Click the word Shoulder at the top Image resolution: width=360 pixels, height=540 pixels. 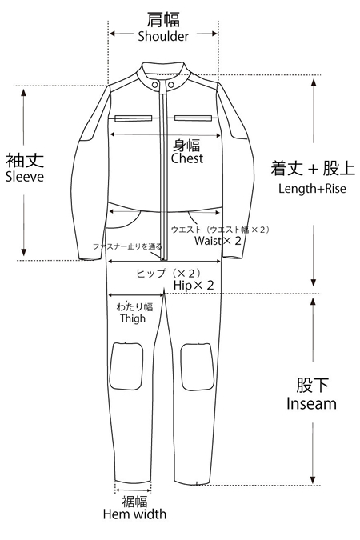[163, 36]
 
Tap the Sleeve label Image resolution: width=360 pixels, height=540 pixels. [25, 177]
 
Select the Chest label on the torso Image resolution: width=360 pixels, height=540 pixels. [187, 158]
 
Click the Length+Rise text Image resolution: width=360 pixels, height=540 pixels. [312, 188]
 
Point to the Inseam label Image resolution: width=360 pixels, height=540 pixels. [311, 404]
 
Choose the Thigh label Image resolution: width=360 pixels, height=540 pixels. [133, 318]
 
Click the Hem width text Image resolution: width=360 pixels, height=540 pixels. [134, 514]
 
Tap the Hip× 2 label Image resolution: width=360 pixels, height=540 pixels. [194, 285]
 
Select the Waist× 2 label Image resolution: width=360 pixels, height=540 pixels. [218, 240]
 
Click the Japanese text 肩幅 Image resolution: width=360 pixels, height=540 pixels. [163, 19]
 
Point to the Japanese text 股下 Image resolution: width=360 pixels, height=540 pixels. [313, 385]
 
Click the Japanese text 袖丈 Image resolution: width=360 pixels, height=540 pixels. [25, 160]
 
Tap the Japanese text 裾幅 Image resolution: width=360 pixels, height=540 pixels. [134, 502]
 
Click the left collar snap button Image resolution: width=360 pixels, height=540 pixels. [155, 85]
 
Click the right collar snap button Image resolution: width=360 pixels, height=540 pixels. [170, 85]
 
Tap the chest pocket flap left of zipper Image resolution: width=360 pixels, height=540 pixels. [134, 118]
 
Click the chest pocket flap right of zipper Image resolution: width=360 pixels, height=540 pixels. [193, 118]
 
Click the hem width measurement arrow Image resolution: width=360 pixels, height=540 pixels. [133, 490]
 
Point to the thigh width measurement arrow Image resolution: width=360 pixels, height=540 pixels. [137, 294]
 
